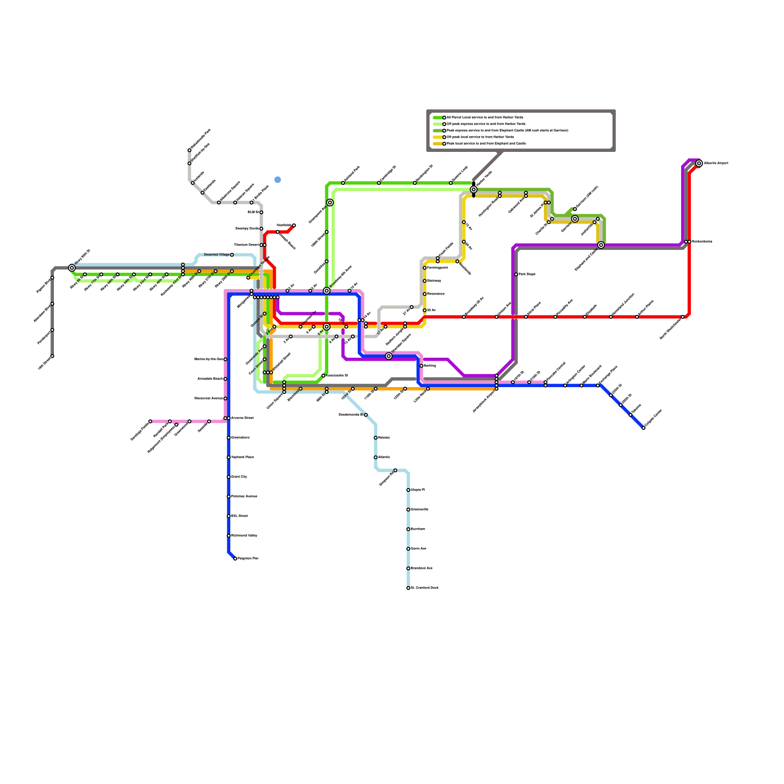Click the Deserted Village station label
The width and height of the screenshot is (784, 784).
[217, 255]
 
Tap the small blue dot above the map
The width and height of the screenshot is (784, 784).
[278, 180]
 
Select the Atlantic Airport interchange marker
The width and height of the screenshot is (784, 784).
[699, 164]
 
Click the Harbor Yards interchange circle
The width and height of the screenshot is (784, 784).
[473, 190]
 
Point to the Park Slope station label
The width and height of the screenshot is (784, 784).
[527, 274]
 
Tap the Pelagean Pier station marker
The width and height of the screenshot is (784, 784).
[235, 559]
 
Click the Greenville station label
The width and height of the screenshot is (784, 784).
[419, 510]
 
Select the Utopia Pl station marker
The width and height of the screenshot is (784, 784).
[408, 490]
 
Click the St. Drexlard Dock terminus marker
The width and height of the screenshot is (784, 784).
[408, 588]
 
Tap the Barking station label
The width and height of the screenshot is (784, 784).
[430, 366]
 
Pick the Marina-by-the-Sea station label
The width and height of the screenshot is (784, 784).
[209, 359]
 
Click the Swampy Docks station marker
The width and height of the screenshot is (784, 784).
[261, 229]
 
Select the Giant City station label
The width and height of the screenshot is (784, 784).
[239, 477]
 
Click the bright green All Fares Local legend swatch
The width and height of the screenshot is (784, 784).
[439, 118]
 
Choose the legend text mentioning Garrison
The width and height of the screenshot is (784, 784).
[508, 131]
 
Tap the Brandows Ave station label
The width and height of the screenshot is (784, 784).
[421, 568]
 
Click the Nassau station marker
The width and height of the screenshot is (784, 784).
[376, 438]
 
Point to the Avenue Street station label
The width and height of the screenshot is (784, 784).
[242, 418]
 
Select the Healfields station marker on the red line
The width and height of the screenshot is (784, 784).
[294, 225]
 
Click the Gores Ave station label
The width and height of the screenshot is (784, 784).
[418, 549]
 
